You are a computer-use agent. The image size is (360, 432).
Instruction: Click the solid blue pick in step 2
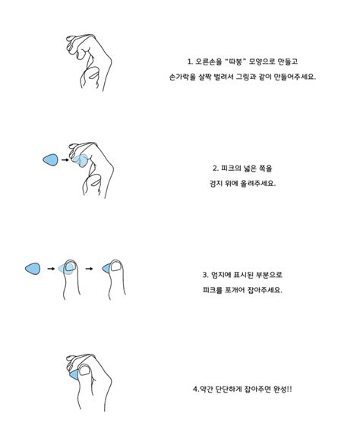(50, 159)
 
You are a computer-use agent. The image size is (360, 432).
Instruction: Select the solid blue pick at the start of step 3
(33, 268)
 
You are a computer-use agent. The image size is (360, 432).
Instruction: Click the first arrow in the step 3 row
(51, 268)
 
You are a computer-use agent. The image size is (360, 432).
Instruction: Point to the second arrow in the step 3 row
(90, 268)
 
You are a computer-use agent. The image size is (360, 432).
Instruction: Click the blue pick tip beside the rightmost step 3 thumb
(103, 268)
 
